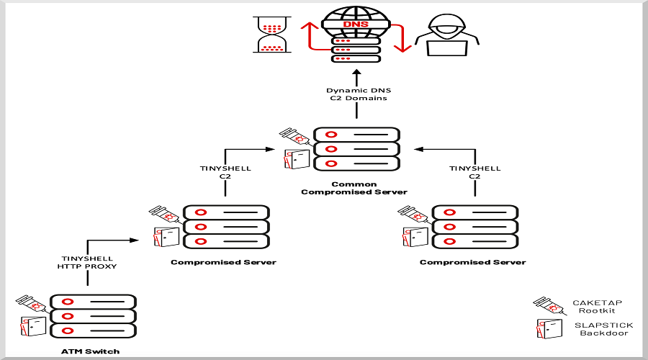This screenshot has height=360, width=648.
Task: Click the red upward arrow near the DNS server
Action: [x=309, y=36]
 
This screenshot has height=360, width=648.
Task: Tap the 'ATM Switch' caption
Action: [x=91, y=351]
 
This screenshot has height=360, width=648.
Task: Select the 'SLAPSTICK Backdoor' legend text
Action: [x=603, y=330]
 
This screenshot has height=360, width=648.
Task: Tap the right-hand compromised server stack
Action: [x=475, y=227]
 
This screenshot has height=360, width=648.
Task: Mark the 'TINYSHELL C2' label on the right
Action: [x=474, y=172]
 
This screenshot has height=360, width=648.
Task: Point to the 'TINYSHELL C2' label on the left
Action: [x=225, y=172]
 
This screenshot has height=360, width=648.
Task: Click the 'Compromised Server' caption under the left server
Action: [x=223, y=262]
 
